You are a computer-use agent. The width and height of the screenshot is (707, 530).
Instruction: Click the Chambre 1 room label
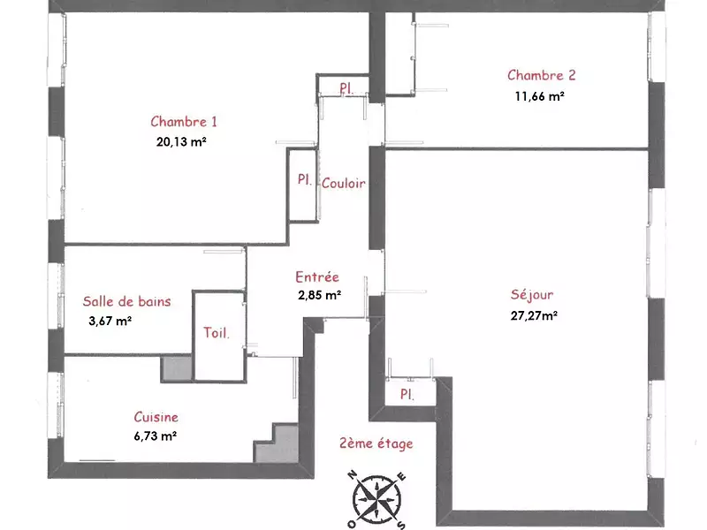coord(184,122)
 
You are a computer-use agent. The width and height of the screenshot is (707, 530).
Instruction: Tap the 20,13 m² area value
coord(181,142)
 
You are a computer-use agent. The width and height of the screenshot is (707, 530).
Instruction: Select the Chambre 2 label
coord(541,75)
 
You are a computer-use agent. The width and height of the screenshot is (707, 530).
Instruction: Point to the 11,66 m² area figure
coord(540,96)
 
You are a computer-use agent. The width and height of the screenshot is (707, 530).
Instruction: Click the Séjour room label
coord(532,295)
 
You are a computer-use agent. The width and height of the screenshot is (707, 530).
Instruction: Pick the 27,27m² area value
coord(534,315)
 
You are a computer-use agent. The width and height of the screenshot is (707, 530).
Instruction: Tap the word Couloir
coord(343,183)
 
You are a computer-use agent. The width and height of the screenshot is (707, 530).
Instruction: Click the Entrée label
coord(317,276)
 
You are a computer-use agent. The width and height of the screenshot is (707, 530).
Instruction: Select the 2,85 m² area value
coord(319,295)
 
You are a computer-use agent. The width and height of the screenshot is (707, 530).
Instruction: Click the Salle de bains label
coord(126,301)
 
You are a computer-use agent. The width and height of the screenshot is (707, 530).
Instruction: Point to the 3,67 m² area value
coord(110,321)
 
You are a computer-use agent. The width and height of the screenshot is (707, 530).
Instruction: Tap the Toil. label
coord(216,333)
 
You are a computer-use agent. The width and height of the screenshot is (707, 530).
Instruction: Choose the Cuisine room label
coord(156,417)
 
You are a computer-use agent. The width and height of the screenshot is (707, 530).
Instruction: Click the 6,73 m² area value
coord(156,436)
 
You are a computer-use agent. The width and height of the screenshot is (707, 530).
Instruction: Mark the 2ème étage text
coord(376,443)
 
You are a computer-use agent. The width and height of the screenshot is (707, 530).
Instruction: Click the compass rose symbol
coord(376,499)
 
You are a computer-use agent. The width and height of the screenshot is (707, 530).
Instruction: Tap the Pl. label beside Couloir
coord(304,180)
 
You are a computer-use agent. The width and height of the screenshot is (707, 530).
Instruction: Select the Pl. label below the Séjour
coord(407,394)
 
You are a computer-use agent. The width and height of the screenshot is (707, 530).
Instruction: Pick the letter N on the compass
coord(353,475)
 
